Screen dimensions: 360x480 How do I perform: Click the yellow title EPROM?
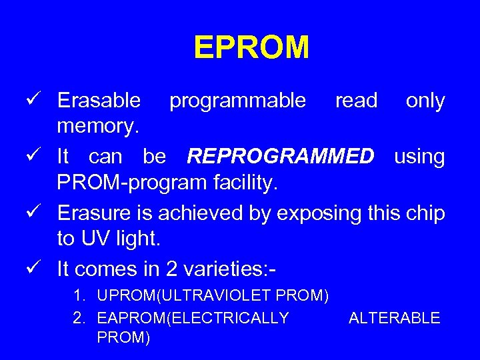[251, 48]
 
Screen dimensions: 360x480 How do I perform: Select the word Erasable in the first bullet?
[99, 101]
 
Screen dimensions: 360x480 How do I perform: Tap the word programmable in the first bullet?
[237, 101]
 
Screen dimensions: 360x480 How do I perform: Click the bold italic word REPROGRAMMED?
[281, 157]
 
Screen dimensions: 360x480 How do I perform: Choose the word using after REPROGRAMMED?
[419, 157]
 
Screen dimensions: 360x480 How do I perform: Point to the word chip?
[425, 213]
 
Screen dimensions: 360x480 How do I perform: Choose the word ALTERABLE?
[394, 318]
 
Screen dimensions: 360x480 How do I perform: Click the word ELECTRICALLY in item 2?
[230, 318]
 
